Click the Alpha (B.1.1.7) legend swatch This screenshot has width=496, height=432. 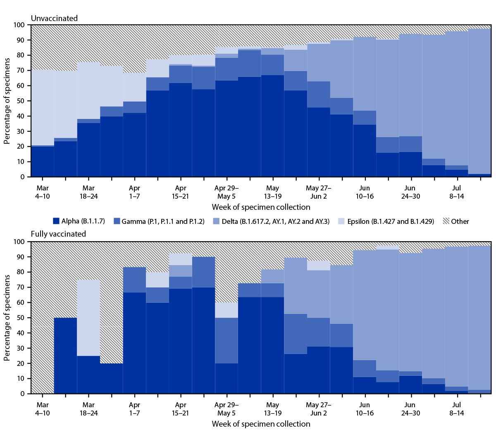point(56,221)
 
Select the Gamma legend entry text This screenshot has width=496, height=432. point(163,221)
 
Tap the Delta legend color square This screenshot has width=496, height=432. point(216,221)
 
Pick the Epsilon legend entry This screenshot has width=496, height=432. point(390,221)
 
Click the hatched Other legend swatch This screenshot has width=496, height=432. point(446,221)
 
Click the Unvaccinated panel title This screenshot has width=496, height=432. point(54,18)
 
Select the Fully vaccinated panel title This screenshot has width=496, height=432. point(58,234)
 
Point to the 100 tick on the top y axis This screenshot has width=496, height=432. point(19,25)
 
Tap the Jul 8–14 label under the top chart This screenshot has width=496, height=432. point(456,192)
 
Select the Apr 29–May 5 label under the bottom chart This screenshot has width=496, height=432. point(226,409)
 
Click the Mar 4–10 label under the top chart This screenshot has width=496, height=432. point(43,192)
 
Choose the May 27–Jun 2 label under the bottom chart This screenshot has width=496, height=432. point(318,409)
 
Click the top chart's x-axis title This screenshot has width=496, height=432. point(261,207)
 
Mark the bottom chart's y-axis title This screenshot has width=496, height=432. point(7,318)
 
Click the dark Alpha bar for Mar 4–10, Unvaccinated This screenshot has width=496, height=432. point(43,161)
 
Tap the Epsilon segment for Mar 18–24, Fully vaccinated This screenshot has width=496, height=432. point(88,318)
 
